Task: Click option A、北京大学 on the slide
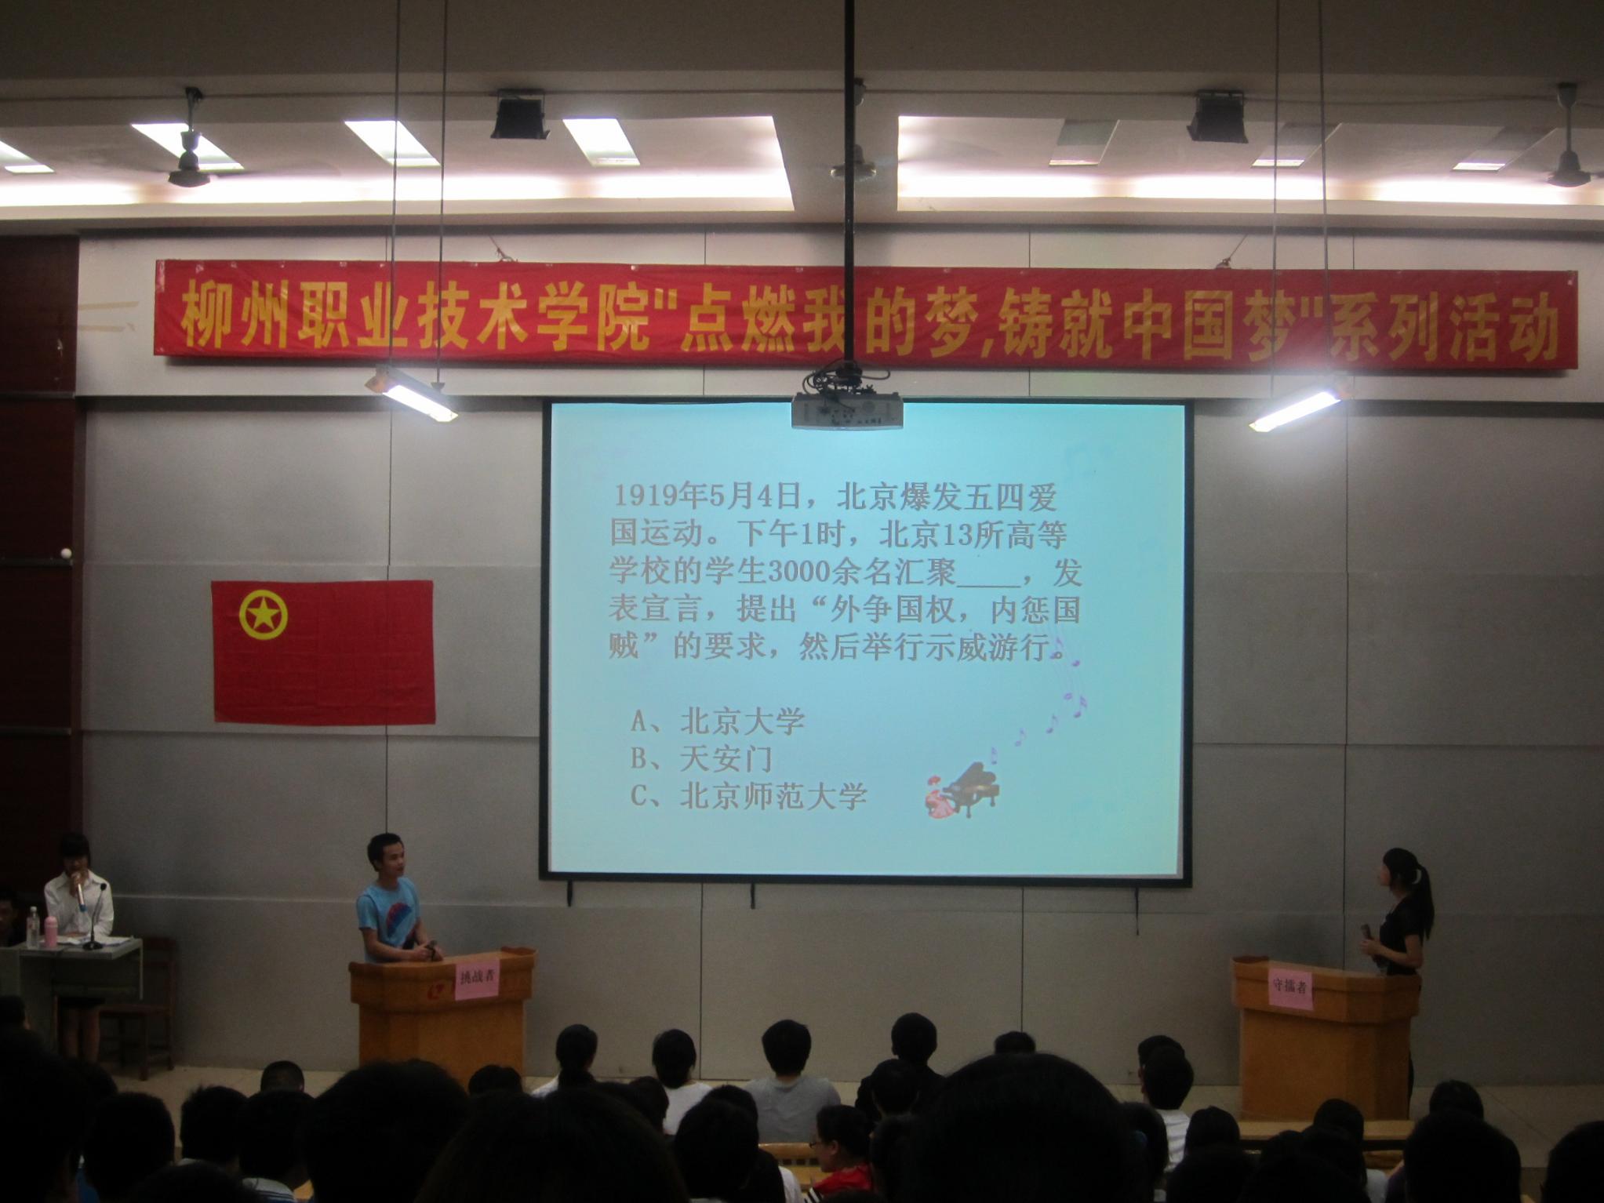(x=718, y=721)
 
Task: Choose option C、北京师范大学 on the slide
(x=749, y=796)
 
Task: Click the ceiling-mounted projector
(x=846, y=409)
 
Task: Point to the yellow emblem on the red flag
(x=263, y=614)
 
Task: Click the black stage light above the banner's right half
(x=1216, y=118)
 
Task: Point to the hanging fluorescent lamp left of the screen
(x=413, y=392)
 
